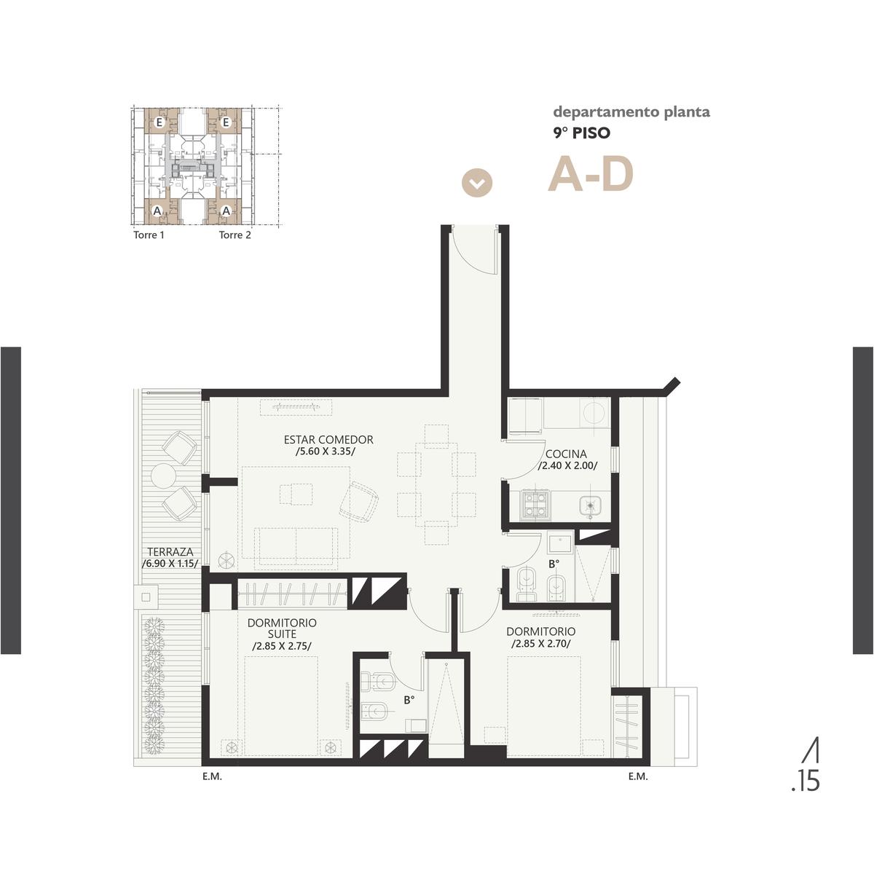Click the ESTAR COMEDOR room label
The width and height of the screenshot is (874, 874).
(328, 439)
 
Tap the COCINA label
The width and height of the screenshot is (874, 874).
(566, 454)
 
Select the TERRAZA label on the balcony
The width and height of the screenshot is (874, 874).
(170, 552)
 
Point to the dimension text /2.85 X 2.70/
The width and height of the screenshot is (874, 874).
(540, 644)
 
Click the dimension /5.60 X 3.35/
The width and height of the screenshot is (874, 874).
(325, 452)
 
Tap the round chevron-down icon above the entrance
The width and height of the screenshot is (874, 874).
(476, 184)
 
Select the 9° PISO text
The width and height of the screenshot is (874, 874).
(581, 133)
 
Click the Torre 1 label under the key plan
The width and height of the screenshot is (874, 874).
(149, 235)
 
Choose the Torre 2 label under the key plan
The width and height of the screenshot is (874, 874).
(235, 235)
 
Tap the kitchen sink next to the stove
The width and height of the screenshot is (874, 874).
(590, 505)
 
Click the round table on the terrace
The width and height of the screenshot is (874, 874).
(163, 476)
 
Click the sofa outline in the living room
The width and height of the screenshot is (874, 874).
(296, 548)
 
